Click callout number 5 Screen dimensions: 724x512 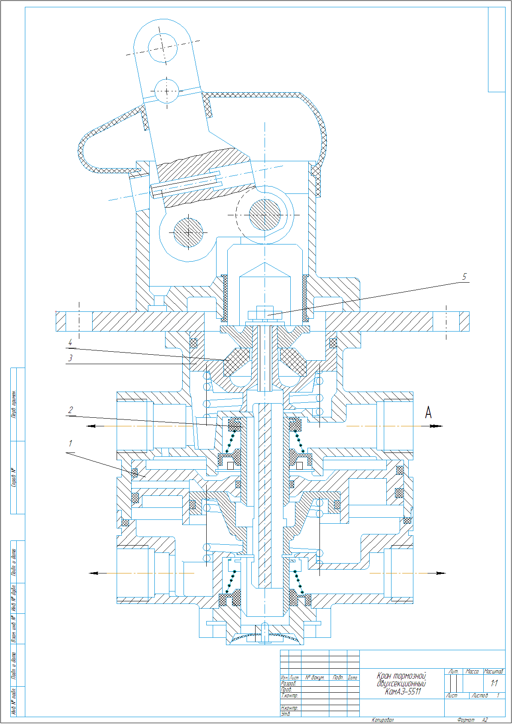pos(464,277)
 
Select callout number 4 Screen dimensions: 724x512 pos(70,342)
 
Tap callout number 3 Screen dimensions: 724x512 pos(70,358)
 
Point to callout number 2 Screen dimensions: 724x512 pos(70,410)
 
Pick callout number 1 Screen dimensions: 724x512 pos(70,443)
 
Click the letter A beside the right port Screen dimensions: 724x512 pos(428,413)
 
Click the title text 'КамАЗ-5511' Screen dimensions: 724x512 pos(403,691)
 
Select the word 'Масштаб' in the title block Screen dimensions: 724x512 pos(494,671)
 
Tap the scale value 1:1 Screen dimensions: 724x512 pos(494,683)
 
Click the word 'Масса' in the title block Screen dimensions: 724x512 pos(472,671)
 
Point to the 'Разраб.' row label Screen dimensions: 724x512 pos(289,683)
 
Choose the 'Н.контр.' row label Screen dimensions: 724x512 pos(289,708)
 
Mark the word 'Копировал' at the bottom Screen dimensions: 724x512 pos(382,720)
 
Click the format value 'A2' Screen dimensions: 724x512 pos(485,720)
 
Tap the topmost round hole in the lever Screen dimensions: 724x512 pos(163,47)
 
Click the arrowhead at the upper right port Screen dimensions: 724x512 pos(437,426)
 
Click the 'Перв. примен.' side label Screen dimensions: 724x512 pos(15,404)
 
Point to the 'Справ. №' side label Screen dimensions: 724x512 pos(15,477)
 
